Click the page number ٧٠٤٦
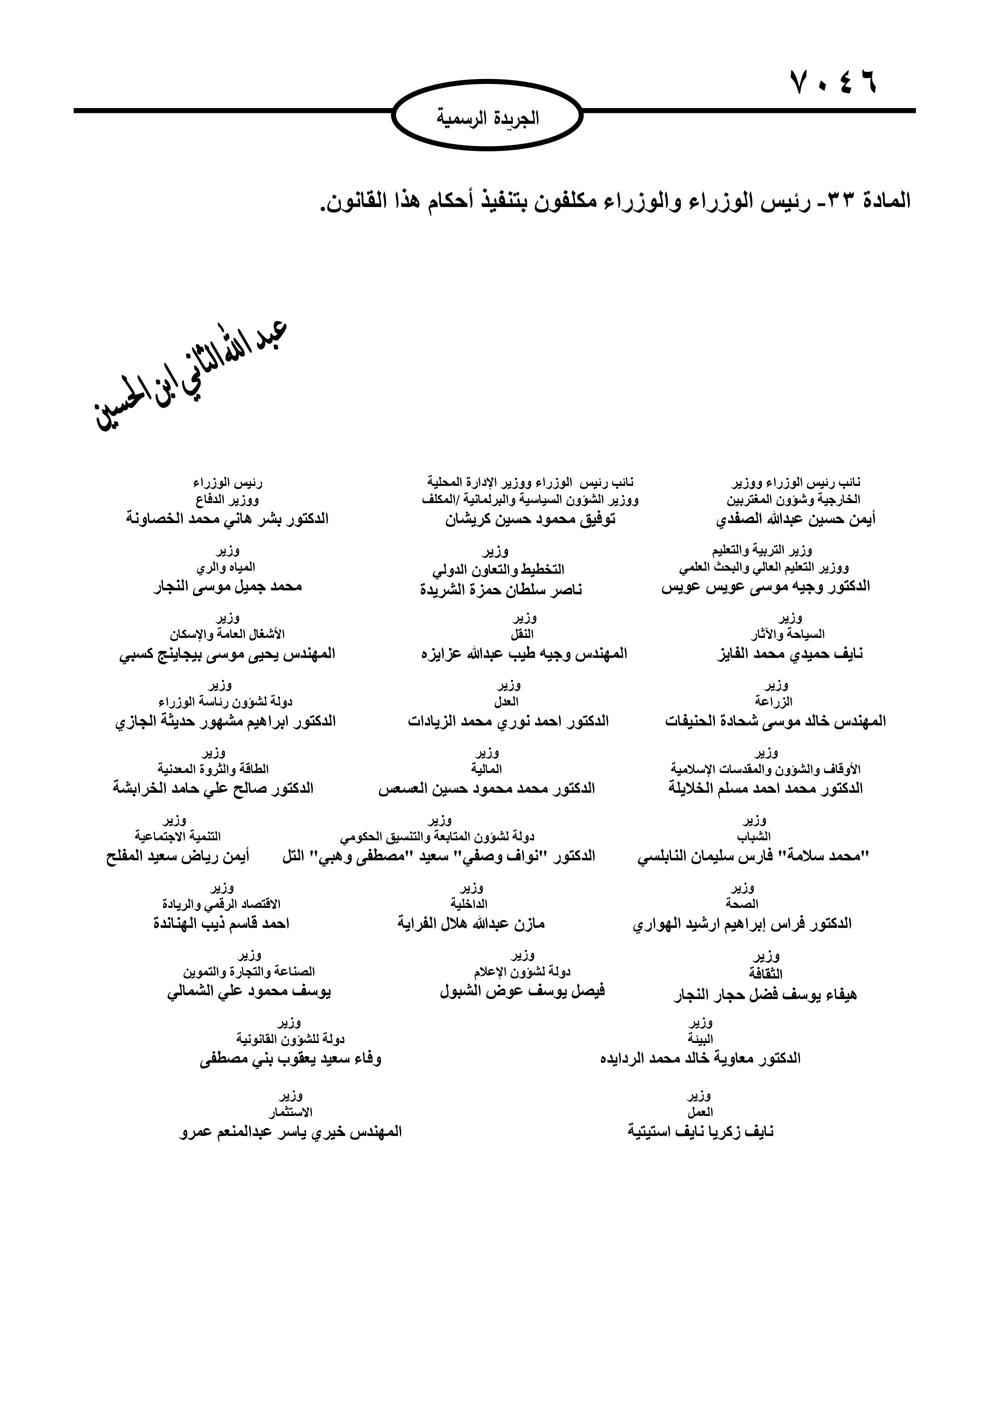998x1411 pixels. [833, 81]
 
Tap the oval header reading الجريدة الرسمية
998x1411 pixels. [488, 117]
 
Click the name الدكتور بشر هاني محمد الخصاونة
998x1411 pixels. [227, 519]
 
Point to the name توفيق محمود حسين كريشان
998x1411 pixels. [530, 520]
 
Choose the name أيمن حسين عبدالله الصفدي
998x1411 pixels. [795, 520]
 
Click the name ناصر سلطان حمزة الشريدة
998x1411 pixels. [501, 590]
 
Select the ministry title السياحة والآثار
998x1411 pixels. [787, 634]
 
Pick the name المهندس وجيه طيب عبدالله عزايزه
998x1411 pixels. [524, 654]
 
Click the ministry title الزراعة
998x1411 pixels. [774, 701]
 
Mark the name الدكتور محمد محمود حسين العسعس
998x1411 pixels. [486, 788]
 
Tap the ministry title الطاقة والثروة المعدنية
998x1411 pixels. [212, 769]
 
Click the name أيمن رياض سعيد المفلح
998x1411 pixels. [177, 856]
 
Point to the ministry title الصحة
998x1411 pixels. [742, 904]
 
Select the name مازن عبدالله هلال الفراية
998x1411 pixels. [471, 923]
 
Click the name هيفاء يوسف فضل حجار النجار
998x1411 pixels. [765, 994]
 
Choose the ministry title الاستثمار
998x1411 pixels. [290, 1112]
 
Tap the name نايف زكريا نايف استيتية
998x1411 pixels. [700, 1131]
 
